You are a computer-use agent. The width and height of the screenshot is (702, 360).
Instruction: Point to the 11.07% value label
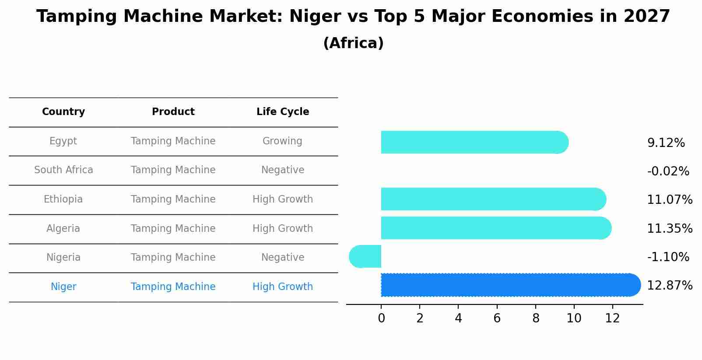click(x=669, y=200)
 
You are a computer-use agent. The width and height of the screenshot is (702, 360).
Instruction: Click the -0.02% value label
click(x=668, y=171)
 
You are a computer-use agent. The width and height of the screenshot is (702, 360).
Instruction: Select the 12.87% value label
click(x=669, y=286)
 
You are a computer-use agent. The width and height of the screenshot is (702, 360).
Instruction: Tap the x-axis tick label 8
click(x=535, y=318)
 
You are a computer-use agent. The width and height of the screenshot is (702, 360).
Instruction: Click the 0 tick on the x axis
click(x=381, y=318)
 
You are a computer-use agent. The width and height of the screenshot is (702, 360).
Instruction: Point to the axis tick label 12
click(x=612, y=318)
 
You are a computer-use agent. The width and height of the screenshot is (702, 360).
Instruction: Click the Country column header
click(x=63, y=112)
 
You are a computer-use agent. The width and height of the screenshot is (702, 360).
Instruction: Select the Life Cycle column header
click(x=283, y=112)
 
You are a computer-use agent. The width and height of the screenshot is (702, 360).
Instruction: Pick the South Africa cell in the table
click(x=63, y=170)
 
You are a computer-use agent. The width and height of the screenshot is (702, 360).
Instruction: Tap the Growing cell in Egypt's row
click(x=282, y=141)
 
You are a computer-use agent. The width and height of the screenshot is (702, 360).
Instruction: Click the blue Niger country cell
click(x=63, y=287)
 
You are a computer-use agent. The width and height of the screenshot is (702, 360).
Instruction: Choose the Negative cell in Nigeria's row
click(x=283, y=258)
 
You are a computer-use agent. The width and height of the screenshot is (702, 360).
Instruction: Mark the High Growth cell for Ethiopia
click(x=283, y=199)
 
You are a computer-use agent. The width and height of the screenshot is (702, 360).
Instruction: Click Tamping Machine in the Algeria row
click(x=173, y=229)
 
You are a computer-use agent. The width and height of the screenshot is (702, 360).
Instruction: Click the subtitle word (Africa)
click(x=353, y=43)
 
